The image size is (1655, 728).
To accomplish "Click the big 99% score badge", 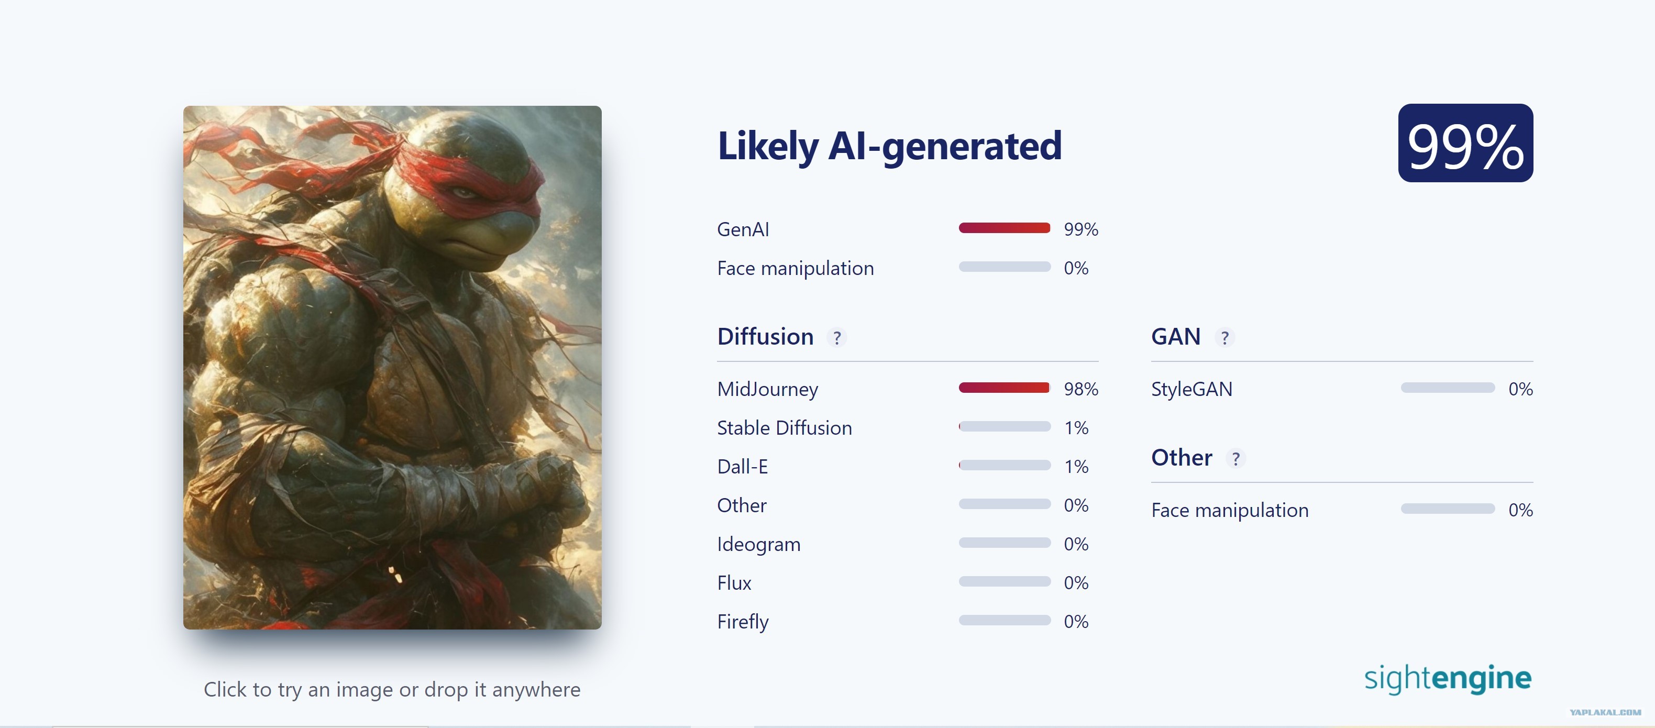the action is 1465,142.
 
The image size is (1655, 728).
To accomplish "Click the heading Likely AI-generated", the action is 889,146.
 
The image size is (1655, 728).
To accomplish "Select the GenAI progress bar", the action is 1004,228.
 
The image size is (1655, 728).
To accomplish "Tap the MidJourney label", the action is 767,389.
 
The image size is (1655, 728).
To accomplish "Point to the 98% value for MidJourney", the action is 1080,389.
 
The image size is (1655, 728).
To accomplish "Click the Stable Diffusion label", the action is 785,428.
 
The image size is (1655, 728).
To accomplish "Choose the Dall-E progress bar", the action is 1004,465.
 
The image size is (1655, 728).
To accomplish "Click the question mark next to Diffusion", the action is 836,337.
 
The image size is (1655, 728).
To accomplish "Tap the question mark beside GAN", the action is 1224,337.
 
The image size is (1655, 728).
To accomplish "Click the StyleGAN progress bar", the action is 1448,388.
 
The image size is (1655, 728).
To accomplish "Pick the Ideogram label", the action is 759,545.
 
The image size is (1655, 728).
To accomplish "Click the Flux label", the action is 734,583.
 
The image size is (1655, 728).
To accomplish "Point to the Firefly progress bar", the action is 1004,620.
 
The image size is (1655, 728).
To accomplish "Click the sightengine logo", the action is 1448,679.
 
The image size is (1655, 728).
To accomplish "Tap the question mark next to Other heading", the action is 1235,458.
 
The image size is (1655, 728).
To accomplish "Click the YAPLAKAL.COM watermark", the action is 1605,712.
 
